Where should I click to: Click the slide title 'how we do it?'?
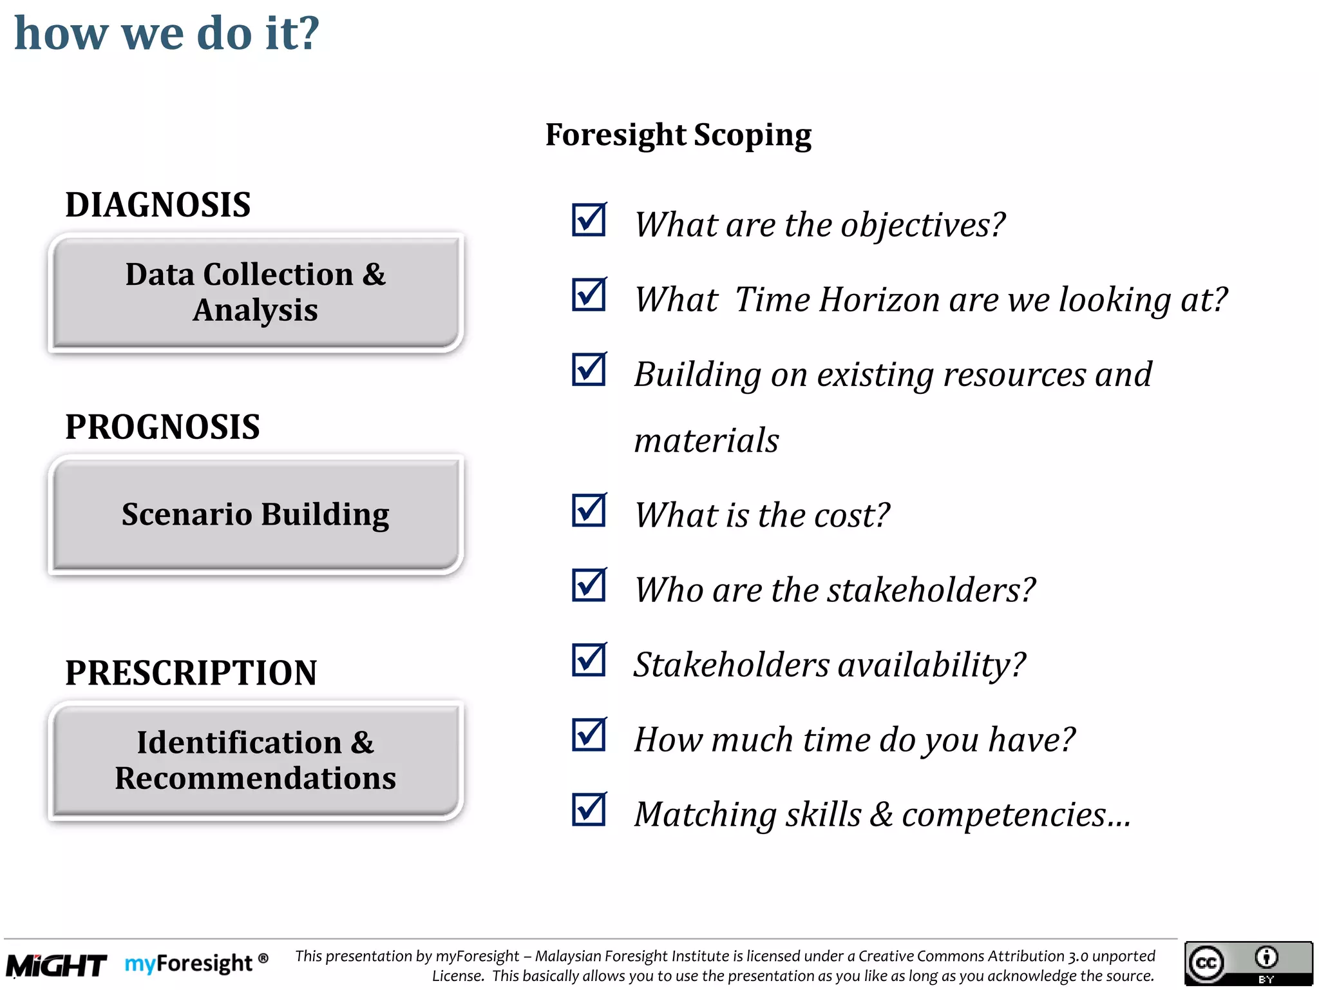coord(167,33)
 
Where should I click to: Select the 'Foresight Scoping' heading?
coord(678,135)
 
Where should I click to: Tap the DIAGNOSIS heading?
coord(158,205)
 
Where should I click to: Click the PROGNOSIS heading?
coord(162,427)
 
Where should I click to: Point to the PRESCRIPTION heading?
coord(191,673)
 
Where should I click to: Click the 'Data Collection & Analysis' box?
coord(256,293)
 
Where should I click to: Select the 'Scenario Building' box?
coord(256,514)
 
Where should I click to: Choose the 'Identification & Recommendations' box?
coord(256,761)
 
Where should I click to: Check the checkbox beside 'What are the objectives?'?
coord(589,220)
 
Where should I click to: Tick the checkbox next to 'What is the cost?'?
coord(589,510)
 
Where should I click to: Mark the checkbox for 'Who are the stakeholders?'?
coord(589,585)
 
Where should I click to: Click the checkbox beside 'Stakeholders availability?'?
coord(589,660)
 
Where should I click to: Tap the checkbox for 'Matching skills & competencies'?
coord(589,810)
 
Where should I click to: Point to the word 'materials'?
coord(707,441)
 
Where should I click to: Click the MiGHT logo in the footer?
coord(57,966)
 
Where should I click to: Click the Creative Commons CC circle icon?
coord(1206,963)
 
